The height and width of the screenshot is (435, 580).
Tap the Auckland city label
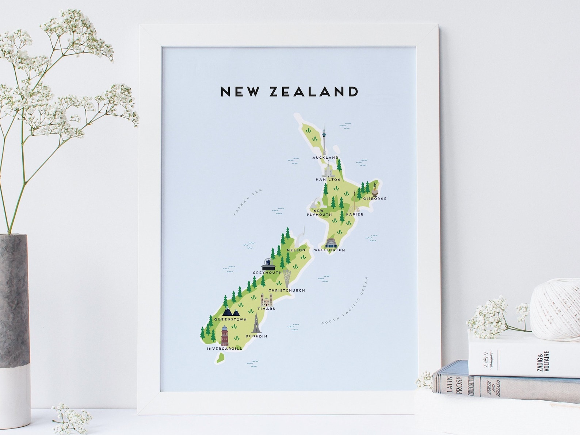pos(325,158)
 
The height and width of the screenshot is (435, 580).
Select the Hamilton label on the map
pos(328,180)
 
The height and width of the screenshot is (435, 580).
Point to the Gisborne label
pos(374,199)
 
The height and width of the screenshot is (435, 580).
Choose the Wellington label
pos(329,250)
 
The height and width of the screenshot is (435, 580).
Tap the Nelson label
pos(296,250)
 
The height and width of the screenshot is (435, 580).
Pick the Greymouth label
pos(267,273)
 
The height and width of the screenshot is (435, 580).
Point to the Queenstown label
pos(230,319)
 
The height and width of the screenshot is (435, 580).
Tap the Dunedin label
pos(256,336)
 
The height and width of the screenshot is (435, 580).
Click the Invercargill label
pos(224,349)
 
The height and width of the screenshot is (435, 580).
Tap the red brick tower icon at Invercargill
pos(224,336)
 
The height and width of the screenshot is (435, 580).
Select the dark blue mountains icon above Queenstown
pos(231,312)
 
